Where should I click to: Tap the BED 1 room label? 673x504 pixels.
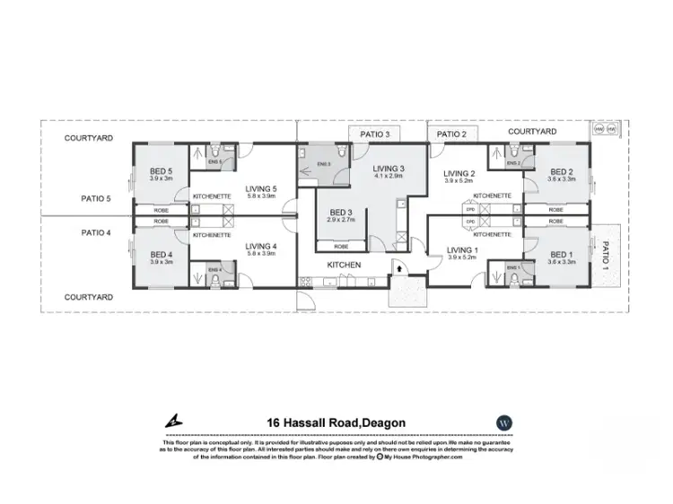[561, 254]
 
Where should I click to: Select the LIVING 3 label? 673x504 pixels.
[389, 168]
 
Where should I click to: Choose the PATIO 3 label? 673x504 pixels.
[374, 134]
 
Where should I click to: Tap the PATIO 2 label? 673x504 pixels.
[452, 134]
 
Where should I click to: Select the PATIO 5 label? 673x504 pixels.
[95, 199]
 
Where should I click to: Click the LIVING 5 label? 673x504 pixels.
[263, 188]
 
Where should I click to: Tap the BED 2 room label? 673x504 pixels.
[561, 172]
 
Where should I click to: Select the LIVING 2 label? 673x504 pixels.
[459, 174]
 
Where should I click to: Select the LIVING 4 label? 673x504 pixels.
[263, 246]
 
